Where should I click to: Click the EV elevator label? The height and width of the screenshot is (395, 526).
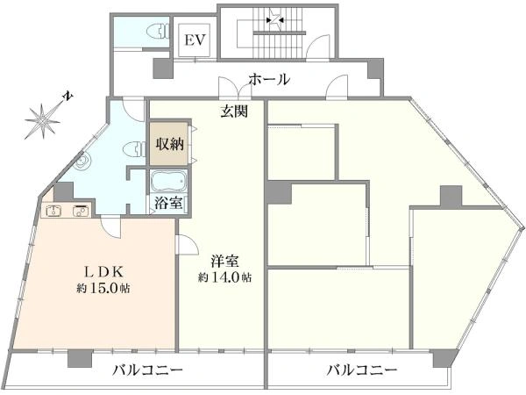tap(195, 40)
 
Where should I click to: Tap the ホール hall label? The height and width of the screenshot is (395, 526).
tap(269, 80)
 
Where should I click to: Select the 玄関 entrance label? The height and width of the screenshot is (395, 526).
tap(234, 111)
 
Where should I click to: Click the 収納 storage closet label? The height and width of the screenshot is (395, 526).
tap(169, 144)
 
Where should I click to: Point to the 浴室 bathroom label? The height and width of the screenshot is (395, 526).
tap(168, 203)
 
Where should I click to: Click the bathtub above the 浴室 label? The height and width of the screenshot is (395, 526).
tap(168, 181)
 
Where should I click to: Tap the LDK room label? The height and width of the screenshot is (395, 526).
tap(103, 272)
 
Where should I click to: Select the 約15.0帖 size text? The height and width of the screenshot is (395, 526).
tap(103, 288)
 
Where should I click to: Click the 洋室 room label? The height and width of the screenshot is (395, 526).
tap(224, 261)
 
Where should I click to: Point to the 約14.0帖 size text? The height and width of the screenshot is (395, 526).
tap(225, 277)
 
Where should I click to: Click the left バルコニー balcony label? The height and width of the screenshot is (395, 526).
tap(147, 370)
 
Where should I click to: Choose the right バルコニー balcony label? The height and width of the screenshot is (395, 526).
tap(362, 370)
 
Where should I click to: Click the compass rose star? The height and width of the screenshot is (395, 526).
tap(43, 120)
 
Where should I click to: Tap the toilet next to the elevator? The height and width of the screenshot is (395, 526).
tap(159, 32)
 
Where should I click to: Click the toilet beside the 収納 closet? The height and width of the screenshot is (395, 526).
tap(134, 149)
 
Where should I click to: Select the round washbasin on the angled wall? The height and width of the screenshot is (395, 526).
tap(82, 162)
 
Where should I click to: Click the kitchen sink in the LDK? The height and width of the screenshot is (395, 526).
tap(53, 211)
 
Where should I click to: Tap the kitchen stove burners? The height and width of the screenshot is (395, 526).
tap(81, 211)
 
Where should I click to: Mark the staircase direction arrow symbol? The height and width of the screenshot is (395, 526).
tap(275, 20)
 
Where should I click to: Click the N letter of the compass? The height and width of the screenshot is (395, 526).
tap(68, 97)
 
